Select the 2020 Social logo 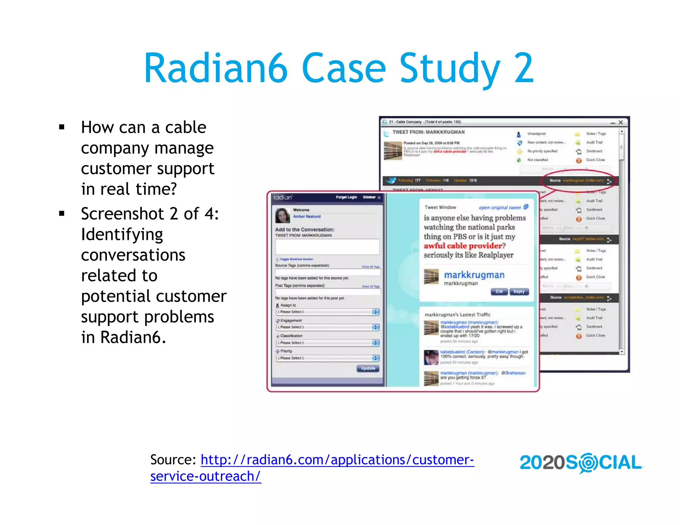coord(581,463)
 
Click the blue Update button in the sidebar coord(368,368)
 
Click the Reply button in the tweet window coord(519,292)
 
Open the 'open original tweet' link coord(500,207)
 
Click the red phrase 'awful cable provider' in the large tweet coord(463,246)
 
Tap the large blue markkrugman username coord(474,275)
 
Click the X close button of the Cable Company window coord(621,122)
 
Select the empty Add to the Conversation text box coord(327,247)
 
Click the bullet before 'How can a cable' coord(62,127)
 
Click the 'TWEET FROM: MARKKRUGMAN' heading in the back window coord(428,132)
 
